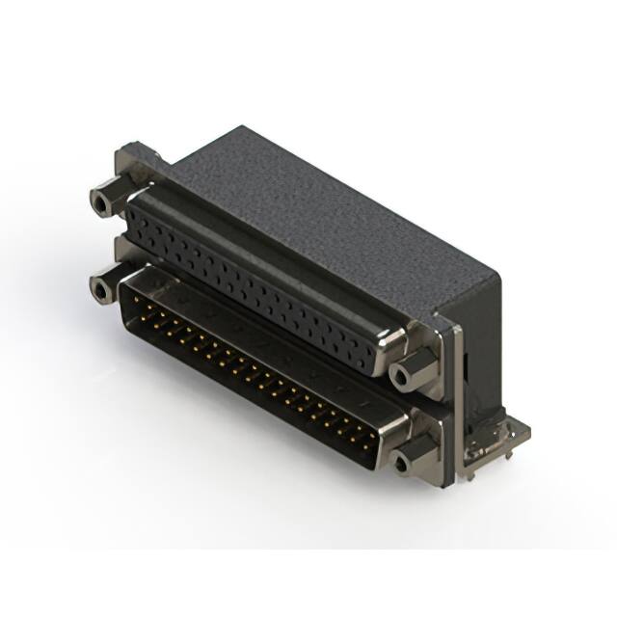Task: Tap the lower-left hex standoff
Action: (x=99, y=286)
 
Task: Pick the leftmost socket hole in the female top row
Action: (x=145, y=207)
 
